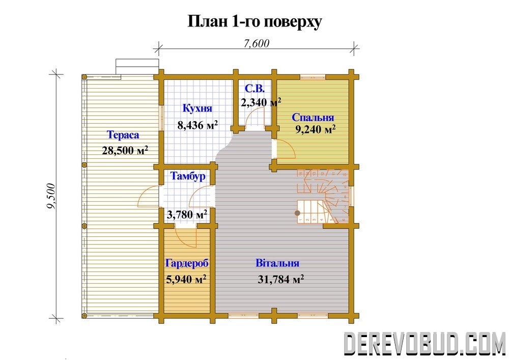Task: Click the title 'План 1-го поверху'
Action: coord(255,22)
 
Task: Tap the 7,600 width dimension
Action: coord(257,43)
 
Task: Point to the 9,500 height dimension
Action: coord(51,197)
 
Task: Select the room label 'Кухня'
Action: coord(197,108)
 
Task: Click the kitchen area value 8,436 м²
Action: coord(197,125)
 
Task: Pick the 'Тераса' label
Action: coord(123,135)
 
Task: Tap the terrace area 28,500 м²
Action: coord(125,150)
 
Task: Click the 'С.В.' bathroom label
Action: coord(254,89)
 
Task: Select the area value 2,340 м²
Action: coord(261,102)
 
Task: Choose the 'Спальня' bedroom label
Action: coord(313,117)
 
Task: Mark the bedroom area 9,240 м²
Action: coord(315,129)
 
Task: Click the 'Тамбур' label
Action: coord(188,176)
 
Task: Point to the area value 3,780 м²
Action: coord(187,214)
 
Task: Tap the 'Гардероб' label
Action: coord(187,263)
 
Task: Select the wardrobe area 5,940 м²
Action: coord(186,279)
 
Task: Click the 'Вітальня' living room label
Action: coord(277,263)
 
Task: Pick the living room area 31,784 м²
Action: coord(281,279)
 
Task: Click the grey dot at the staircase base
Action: coord(297,213)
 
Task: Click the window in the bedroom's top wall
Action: coord(313,77)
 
